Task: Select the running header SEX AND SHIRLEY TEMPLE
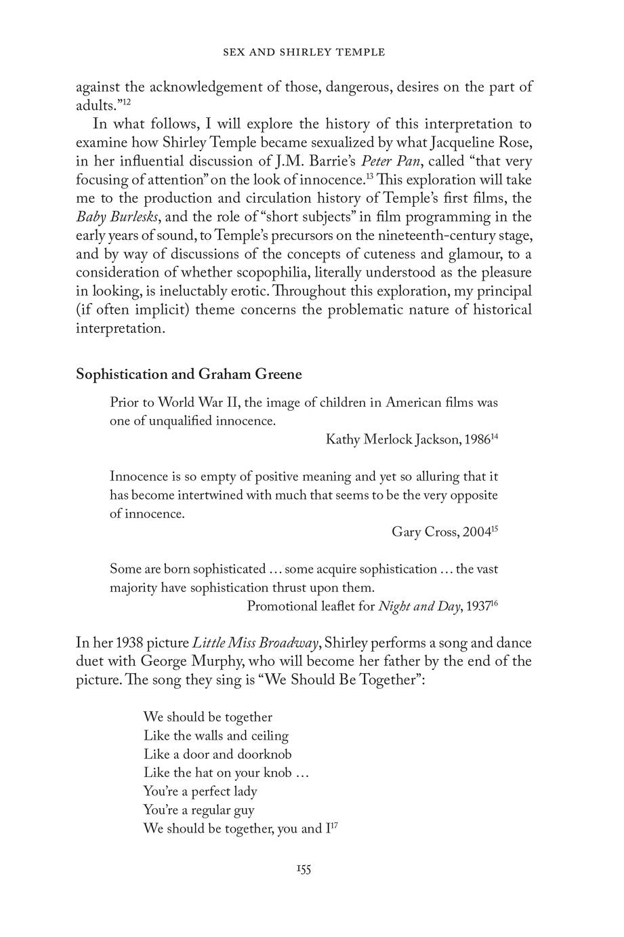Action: (304, 52)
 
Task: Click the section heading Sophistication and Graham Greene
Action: (189, 374)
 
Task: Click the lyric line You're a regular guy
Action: (199, 810)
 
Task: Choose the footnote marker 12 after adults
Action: (126, 102)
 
